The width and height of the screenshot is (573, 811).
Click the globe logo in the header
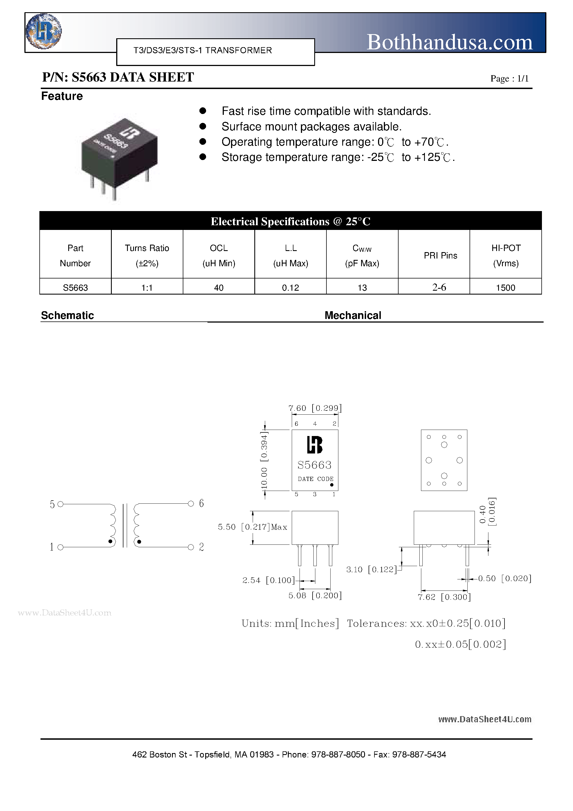pyautogui.click(x=44, y=31)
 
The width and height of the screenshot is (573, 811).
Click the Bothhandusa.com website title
pyautogui.click(x=449, y=42)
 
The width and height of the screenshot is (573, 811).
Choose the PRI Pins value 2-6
pyautogui.click(x=439, y=287)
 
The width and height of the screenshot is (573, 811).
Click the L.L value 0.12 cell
pyautogui.click(x=290, y=288)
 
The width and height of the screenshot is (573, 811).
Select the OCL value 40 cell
pyautogui.click(x=219, y=288)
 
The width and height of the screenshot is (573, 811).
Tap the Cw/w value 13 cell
pyautogui.click(x=362, y=288)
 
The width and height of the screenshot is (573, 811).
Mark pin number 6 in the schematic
pyautogui.click(x=201, y=503)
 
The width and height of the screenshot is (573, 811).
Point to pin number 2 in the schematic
pyautogui.click(x=201, y=547)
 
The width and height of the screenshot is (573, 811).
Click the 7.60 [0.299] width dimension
pyautogui.click(x=315, y=408)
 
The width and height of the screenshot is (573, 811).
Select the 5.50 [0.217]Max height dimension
pyautogui.click(x=252, y=527)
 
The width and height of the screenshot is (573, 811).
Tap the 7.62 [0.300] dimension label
pyautogui.click(x=444, y=597)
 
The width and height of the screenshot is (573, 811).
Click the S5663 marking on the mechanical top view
pyautogui.click(x=315, y=465)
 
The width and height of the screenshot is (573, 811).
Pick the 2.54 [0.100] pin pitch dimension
pyautogui.click(x=268, y=580)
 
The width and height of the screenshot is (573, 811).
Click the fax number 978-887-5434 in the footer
pyautogui.click(x=419, y=754)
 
